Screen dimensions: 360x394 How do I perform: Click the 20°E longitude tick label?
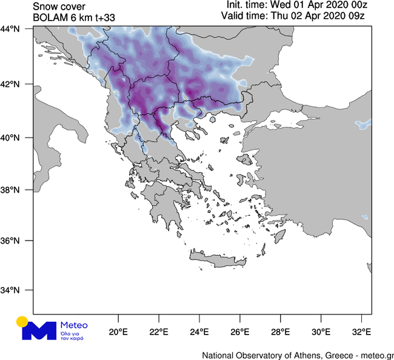pyautogui.click(x=118, y=332)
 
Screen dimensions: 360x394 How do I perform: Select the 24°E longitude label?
pyautogui.click(x=199, y=332)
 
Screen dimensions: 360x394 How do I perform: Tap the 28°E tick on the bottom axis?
pyautogui.click(x=281, y=332)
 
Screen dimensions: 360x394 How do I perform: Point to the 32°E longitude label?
pyautogui.click(x=362, y=332)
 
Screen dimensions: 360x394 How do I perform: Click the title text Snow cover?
pyautogui.click(x=58, y=5)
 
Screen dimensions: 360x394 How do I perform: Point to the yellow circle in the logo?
pyautogui.click(x=22, y=322)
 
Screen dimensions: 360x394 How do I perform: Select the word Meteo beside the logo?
pyautogui.click(x=74, y=325)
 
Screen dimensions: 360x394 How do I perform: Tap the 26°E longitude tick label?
pyautogui.click(x=240, y=332)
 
